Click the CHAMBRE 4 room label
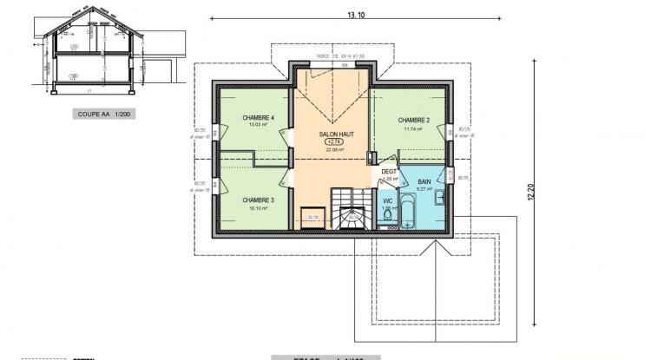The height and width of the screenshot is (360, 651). [260, 117]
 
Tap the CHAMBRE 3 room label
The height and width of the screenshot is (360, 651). [259, 199]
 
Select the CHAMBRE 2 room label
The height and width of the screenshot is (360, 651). [414, 120]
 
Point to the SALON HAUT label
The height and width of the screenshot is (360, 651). [334, 135]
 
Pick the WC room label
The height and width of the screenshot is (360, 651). [388, 200]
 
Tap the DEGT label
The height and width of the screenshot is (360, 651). [390, 172]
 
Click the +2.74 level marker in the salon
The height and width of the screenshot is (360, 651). [334, 142]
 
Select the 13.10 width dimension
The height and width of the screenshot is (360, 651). [353, 15]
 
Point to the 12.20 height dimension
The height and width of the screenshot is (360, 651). [529, 195]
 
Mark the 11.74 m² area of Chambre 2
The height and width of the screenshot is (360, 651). [413, 128]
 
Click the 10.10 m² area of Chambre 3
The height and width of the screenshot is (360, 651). [259, 207]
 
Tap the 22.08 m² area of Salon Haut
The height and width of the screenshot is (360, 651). [334, 149]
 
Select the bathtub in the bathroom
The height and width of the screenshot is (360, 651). [413, 207]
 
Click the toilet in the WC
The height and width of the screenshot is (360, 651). [389, 219]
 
